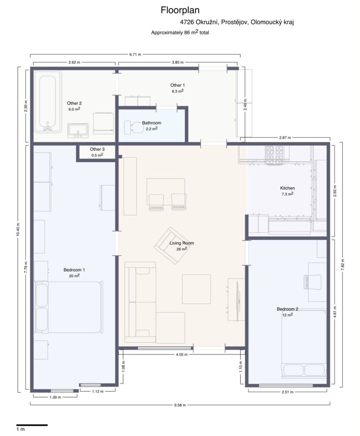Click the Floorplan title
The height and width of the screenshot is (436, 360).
coord(180,10)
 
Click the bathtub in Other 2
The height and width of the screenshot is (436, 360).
coord(48,101)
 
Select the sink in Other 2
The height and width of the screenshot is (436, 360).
coord(78,131)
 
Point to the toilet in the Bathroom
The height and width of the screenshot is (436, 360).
coord(134,127)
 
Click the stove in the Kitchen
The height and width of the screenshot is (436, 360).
coord(274,155)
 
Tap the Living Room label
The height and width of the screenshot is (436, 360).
coord(182,243)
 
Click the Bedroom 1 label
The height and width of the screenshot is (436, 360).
coord(74,270)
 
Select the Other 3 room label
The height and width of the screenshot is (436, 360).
coord(97,149)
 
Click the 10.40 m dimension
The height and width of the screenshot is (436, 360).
coord(18,230)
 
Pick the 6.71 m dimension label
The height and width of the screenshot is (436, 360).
coord(135,55)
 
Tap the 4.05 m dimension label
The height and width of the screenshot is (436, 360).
coord(182,354)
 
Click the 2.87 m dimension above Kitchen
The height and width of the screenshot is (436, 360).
coord(285,138)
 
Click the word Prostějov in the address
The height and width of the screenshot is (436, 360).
coord(234,22)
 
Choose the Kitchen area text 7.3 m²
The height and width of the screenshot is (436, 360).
coord(288,194)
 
